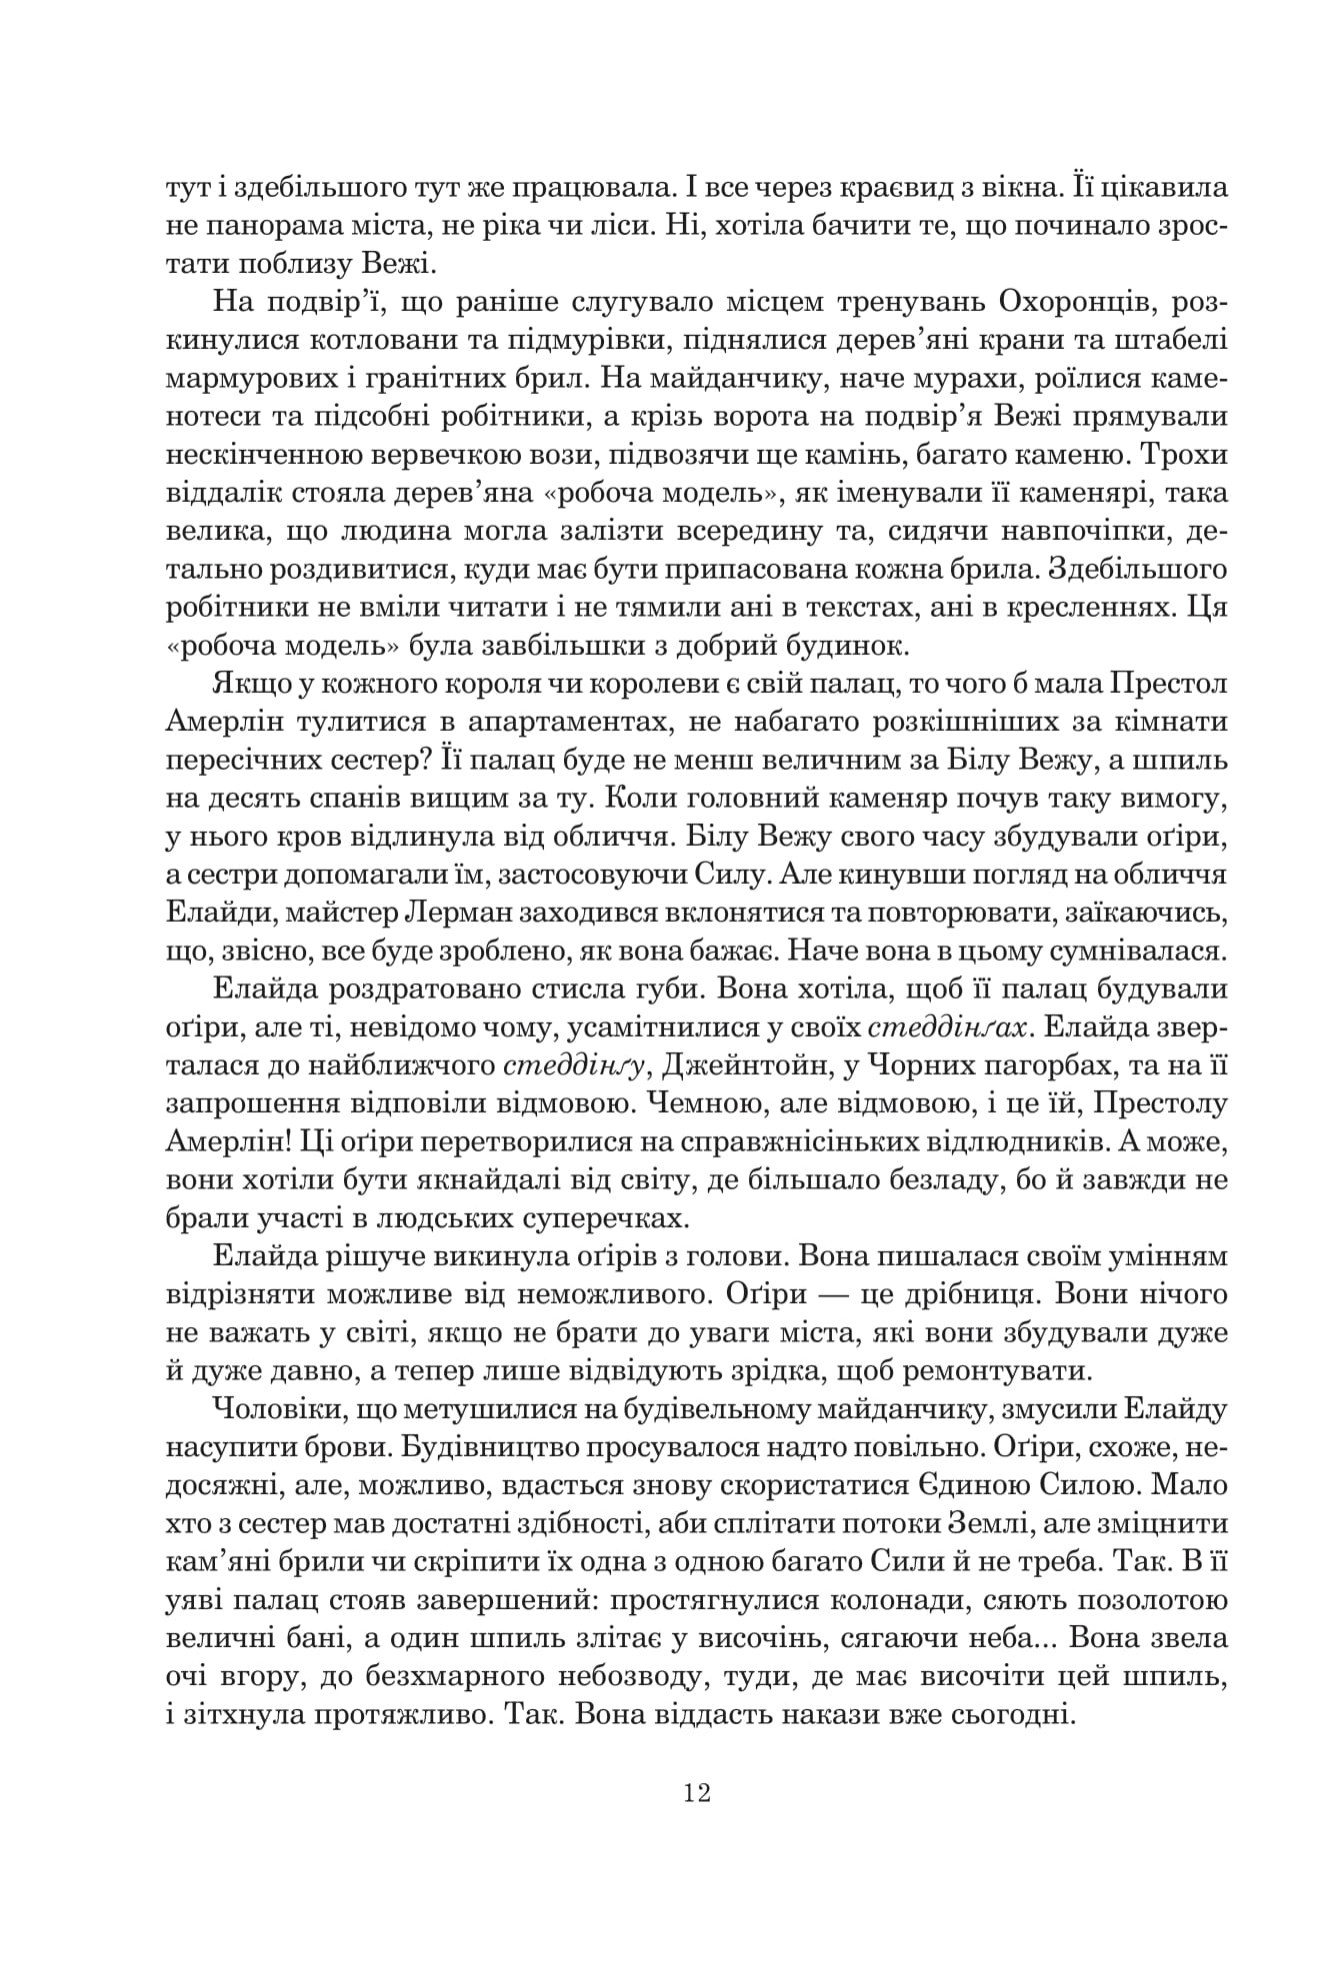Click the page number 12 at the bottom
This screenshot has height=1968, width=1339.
click(x=697, y=1793)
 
